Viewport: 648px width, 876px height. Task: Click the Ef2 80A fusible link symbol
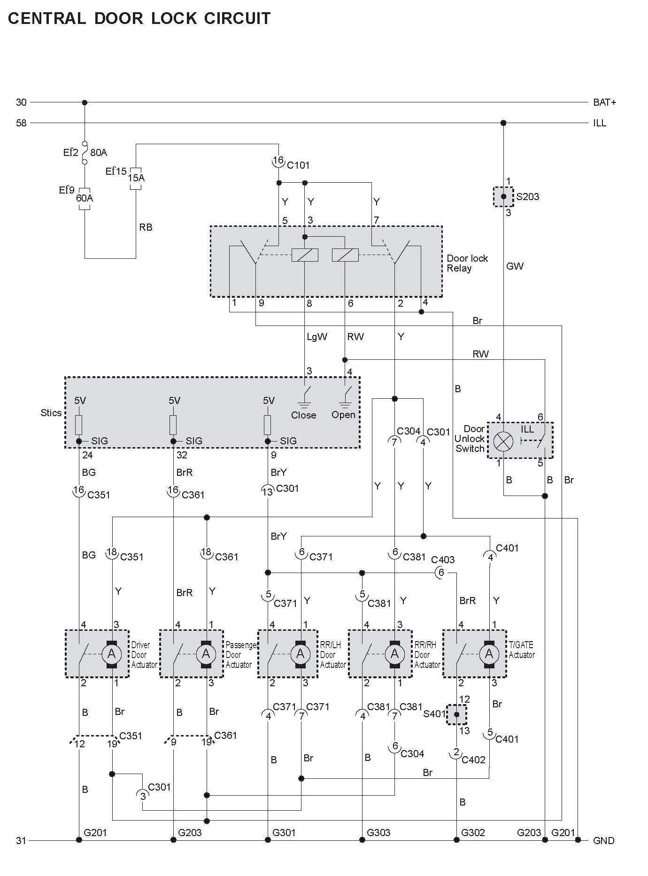tap(85, 152)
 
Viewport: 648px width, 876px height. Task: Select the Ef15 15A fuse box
tap(136, 178)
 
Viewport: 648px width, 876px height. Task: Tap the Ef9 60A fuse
tap(85, 198)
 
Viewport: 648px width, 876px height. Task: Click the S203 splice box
tap(503, 196)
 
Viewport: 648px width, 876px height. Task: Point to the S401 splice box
tap(456, 714)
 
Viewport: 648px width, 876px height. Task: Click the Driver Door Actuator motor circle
tap(112, 653)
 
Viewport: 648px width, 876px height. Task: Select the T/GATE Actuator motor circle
tap(489, 653)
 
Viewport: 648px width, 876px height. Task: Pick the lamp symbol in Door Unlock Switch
tap(503, 441)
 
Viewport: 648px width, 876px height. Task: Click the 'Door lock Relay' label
tap(467, 263)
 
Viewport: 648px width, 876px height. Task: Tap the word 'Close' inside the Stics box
tap(303, 415)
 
